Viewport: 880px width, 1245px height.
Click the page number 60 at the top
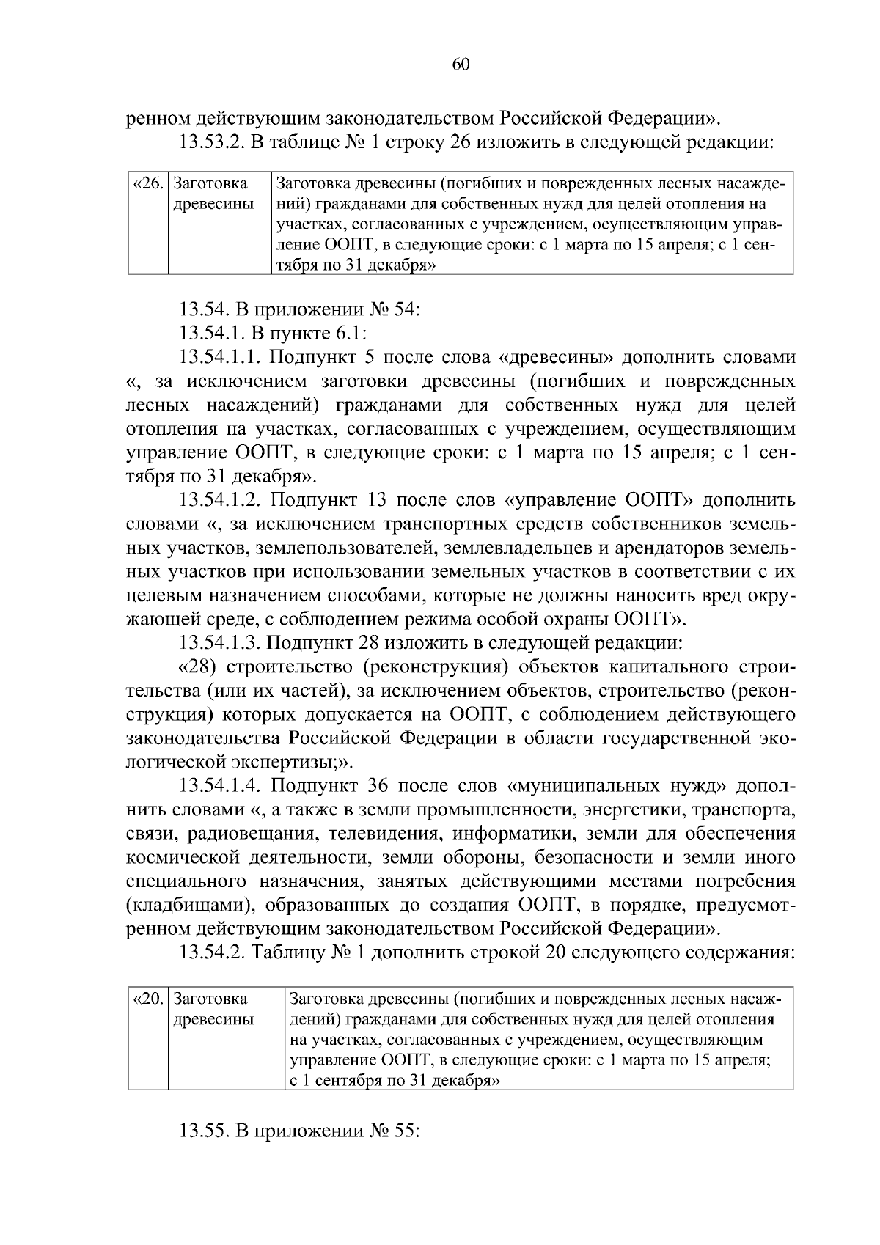(461, 65)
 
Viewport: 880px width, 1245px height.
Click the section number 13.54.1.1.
(221, 358)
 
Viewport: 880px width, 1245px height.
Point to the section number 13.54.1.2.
(221, 501)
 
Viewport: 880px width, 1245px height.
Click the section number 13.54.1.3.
(221, 644)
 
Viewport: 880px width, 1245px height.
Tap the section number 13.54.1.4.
(221, 787)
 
